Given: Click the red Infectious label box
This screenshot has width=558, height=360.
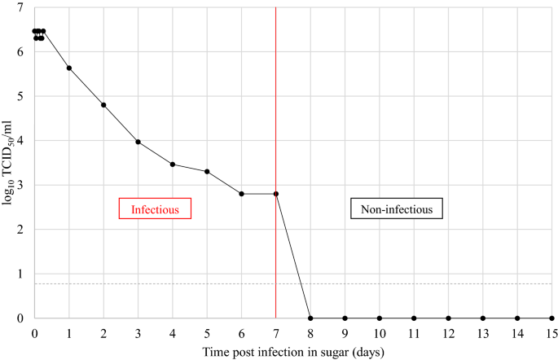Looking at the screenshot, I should pyautogui.click(x=155, y=209).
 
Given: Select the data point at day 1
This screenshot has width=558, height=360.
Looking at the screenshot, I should pyautogui.click(x=69, y=68).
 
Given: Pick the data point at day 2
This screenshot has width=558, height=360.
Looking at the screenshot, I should pyautogui.click(x=103, y=105).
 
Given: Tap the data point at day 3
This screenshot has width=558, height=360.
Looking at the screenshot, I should pyautogui.click(x=138, y=142).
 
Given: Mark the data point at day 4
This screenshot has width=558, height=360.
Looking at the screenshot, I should pyautogui.click(x=173, y=165).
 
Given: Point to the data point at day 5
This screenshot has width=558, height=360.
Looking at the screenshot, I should pyautogui.click(x=207, y=172).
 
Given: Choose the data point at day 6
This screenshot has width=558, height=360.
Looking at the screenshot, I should pyautogui.click(x=242, y=194).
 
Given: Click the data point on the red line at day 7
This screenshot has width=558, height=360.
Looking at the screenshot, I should pyautogui.click(x=276, y=194).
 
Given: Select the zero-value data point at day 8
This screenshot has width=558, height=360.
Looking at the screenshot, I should pyautogui.click(x=310, y=318).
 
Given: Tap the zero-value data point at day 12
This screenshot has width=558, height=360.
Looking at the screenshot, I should pyautogui.click(x=448, y=318).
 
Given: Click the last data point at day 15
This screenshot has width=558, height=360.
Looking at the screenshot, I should pyautogui.click(x=551, y=318).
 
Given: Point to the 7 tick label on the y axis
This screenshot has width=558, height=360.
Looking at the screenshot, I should pyautogui.click(x=20, y=8).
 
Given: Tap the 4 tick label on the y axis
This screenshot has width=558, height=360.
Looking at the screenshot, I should pyautogui.click(x=20, y=141).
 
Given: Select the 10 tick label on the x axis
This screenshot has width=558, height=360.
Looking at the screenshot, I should pyautogui.click(x=380, y=333).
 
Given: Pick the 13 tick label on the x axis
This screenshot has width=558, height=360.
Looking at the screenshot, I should pyautogui.click(x=483, y=333).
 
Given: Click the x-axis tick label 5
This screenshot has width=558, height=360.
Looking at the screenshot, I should pyautogui.click(x=207, y=333).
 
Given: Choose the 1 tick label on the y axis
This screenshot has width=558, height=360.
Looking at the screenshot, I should pyautogui.click(x=20, y=274).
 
